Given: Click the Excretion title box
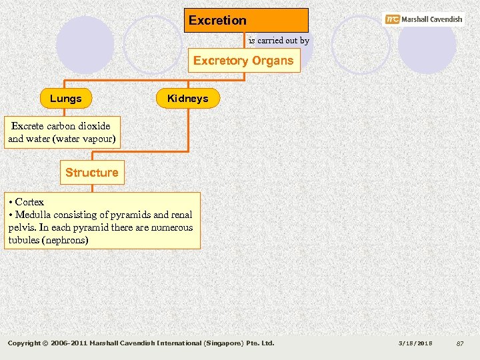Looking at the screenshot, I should (246, 20).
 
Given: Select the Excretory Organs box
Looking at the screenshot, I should (243, 61).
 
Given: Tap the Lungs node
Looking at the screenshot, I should (65, 99).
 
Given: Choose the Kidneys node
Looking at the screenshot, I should (187, 99).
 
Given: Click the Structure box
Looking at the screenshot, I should (91, 173).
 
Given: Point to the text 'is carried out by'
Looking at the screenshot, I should (279, 41).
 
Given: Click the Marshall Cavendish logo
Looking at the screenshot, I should (424, 19).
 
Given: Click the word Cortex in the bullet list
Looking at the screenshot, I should (29, 202).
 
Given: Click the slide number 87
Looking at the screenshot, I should (459, 343).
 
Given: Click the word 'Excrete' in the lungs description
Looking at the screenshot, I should (27, 126).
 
